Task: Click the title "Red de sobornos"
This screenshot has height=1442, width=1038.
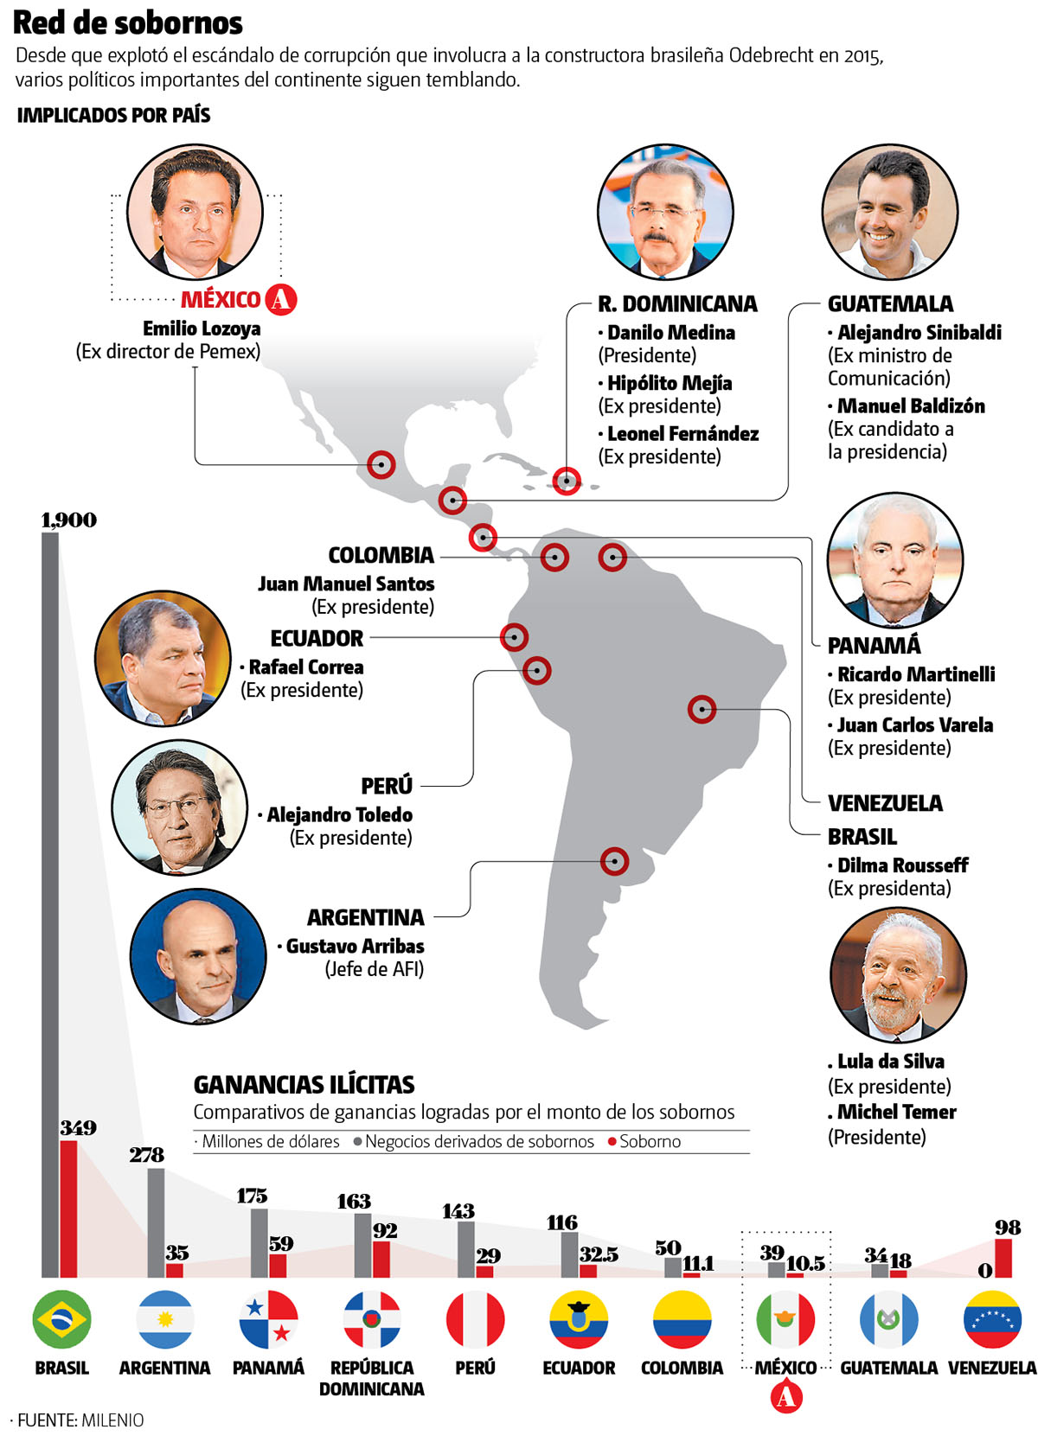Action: [x=127, y=23]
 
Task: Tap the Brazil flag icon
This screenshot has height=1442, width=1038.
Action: [x=61, y=1319]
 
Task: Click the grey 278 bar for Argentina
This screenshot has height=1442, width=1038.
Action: [x=156, y=1222]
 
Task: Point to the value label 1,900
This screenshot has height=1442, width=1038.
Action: [x=69, y=520]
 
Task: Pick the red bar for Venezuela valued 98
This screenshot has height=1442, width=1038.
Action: [x=1003, y=1258]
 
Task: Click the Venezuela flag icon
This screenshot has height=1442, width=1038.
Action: [x=992, y=1319]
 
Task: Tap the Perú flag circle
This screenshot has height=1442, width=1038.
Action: [x=475, y=1319]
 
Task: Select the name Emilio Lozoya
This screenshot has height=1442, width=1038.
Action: [x=202, y=329]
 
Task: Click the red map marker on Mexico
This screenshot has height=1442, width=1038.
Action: [x=381, y=464]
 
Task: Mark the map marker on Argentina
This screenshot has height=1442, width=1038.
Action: [x=615, y=861]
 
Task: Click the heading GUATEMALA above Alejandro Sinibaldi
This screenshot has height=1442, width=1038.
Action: [x=890, y=304]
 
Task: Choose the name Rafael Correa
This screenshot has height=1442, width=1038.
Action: [x=306, y=667]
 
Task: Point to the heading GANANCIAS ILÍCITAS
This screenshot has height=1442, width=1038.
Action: [x=304, y=1085]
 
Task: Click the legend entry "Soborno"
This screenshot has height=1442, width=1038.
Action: [x=650, y=1142]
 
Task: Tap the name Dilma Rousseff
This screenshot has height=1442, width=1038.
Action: [x=902, y=865]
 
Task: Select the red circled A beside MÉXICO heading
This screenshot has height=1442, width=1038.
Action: [x=280, y=299]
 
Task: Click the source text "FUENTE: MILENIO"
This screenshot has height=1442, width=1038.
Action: [x=80, y=1420]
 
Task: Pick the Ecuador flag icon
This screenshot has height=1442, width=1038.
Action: [x=579, y=1319]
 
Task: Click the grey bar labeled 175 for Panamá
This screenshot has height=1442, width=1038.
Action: [x=259, y=1242]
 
